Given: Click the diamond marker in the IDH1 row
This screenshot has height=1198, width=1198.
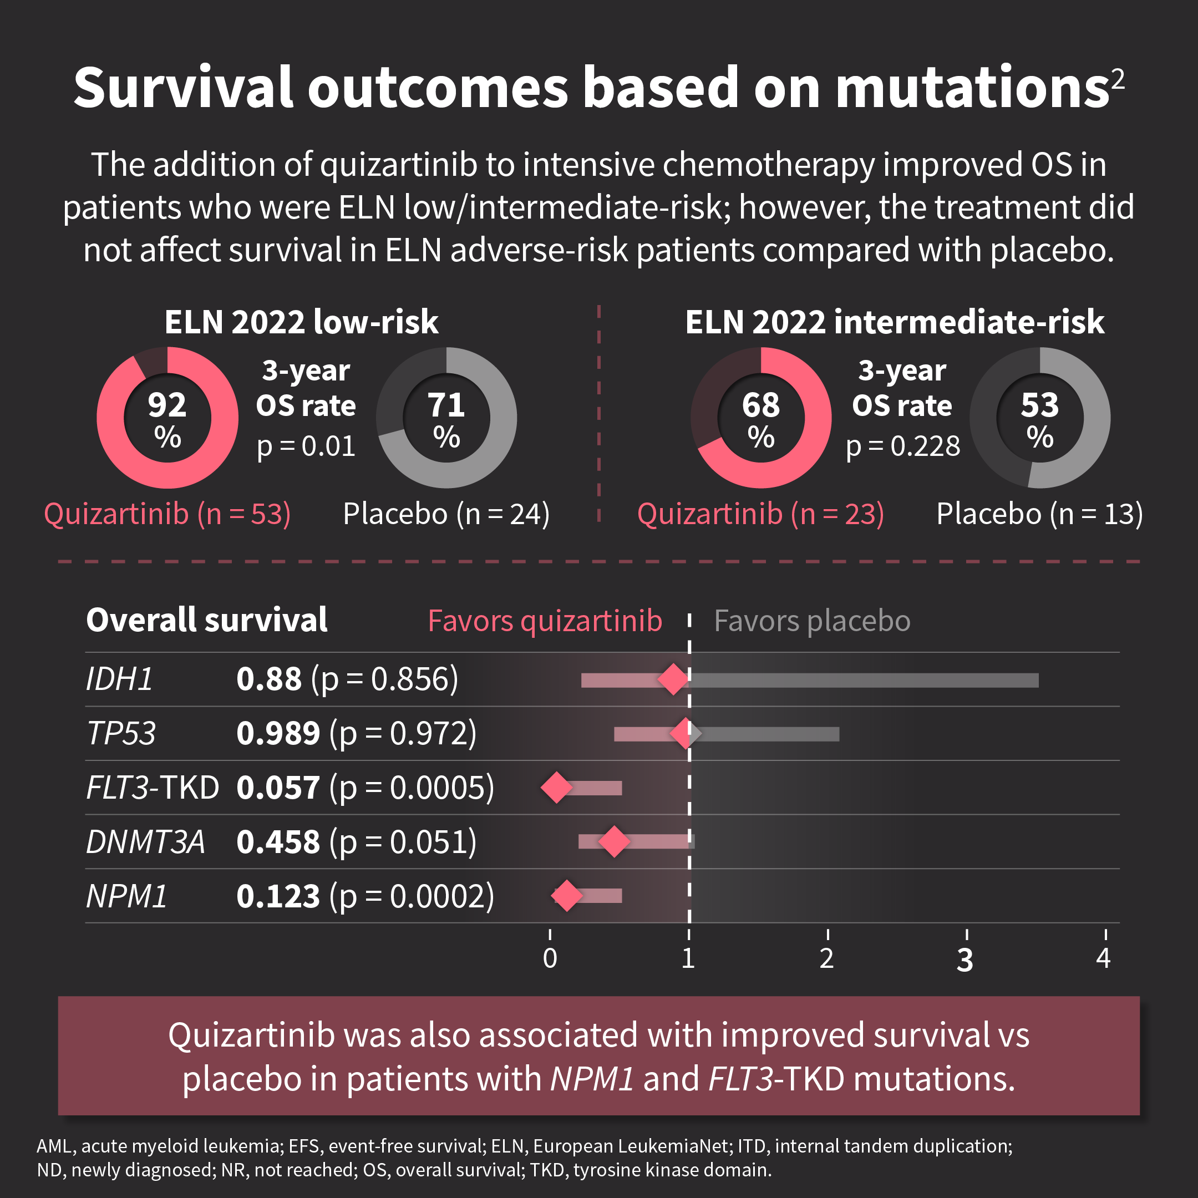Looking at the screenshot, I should [673, 679].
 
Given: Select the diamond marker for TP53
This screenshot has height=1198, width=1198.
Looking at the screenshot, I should [684, 734].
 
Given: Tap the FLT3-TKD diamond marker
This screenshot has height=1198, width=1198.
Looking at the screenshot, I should [556, 788].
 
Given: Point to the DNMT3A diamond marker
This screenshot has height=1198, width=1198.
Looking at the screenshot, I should [614, 841].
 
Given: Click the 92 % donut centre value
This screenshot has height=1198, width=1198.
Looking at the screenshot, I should [167, 418].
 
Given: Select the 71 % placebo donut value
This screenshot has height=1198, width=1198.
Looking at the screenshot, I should [446, 418].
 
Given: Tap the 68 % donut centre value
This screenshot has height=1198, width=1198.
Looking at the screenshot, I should [761, 418].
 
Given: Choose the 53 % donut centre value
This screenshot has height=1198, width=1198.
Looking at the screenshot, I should [1040, 418].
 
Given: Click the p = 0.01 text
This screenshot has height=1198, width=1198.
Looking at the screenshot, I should [306, 446].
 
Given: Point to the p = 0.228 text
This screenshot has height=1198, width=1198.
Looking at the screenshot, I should [903, 446].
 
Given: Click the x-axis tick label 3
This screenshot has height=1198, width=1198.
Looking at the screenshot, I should [965, 960].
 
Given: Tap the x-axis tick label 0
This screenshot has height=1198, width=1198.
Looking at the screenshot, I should [550, 958].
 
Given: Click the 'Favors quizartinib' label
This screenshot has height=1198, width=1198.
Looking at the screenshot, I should [545, 621].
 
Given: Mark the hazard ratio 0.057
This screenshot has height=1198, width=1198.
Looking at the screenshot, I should [278, 788].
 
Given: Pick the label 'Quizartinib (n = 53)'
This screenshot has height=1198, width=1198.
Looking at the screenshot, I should [167, 514].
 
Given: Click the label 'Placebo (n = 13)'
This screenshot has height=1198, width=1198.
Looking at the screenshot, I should [1039, 514].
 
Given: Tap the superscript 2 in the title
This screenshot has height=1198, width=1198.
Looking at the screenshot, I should [1118, 79].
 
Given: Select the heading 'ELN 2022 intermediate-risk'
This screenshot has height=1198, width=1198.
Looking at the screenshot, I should [894, 322].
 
